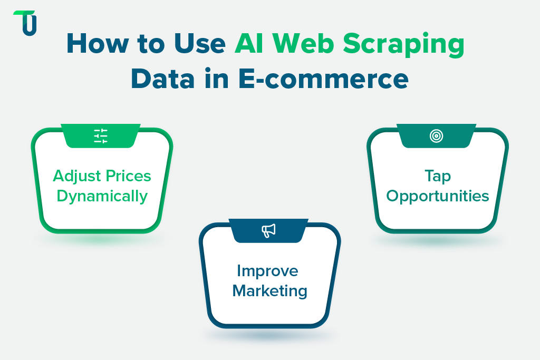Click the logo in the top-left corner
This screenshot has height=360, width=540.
(x=25, y=23)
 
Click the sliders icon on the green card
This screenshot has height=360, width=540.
(x=101, y=136)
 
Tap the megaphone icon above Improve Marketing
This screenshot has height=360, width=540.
(x=269, y=230)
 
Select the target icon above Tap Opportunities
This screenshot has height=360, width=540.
(x=436, y=136)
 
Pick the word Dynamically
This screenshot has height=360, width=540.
(x=102, y=197)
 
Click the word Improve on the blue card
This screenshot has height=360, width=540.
(x=267, y=271)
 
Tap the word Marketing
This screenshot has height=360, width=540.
(x=269, y=290)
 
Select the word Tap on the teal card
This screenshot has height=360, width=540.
(x=437, y=177)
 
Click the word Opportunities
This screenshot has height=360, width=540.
(x=437, y=197)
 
